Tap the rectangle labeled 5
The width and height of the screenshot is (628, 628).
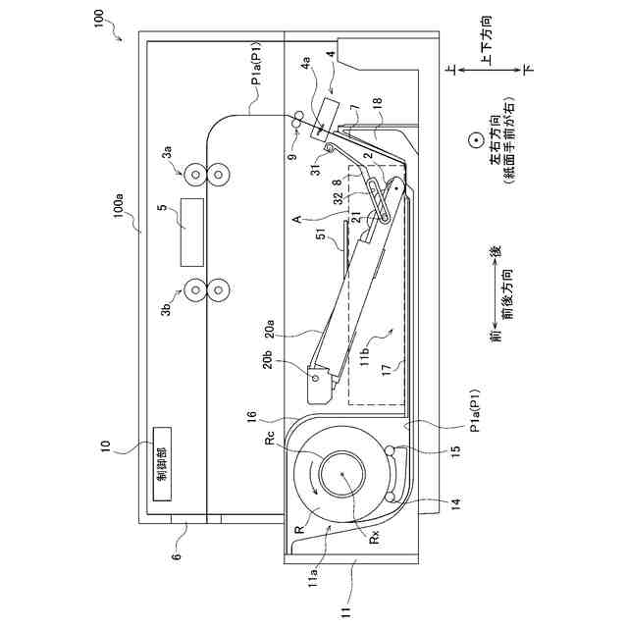click(x=192, y=233)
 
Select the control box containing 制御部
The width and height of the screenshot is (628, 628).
click(x=162, y=464)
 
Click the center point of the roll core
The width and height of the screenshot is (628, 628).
click(x=342, y=473)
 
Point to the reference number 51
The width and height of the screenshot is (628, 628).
click(x=324, y=235)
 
